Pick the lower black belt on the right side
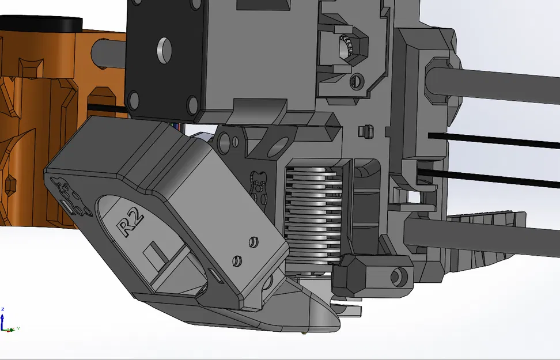pos(495,176)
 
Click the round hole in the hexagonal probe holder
pos(398,276)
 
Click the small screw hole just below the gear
pos(356,81)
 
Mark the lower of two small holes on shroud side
pos(236,260)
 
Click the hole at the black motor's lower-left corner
pos(134,99)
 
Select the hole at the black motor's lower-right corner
pos(192,105)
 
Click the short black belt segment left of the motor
pos(107,108)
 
